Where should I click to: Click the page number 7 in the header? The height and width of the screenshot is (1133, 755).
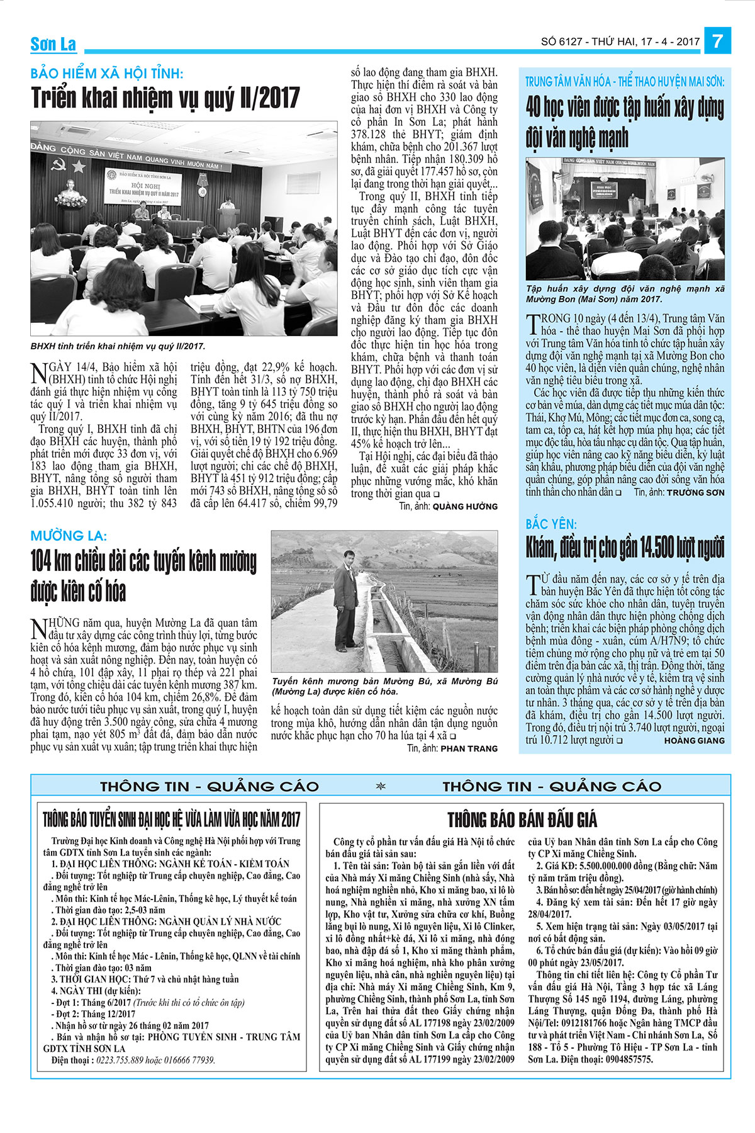718,42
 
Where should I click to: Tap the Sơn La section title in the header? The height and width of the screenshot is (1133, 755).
53,44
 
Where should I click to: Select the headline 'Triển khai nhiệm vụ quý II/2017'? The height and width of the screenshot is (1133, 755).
165,99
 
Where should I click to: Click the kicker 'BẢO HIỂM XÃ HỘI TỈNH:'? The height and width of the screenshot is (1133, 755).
107,74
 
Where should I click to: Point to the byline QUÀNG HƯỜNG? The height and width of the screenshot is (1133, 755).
465,506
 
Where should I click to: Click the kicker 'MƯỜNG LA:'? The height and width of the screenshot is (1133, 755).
69,536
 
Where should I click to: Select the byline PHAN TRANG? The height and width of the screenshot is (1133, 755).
469,748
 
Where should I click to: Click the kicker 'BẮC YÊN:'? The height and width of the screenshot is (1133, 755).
551,524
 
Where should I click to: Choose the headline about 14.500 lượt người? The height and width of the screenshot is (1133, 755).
625,548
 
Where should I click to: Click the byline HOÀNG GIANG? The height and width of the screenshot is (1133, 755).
694,741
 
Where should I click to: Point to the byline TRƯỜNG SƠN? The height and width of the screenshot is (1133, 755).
695,492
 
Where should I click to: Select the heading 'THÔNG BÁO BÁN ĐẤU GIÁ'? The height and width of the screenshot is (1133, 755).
522,820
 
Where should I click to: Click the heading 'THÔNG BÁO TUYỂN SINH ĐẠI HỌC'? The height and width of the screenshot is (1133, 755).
171,820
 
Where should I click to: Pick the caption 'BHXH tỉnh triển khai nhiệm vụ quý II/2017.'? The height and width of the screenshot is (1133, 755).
118,346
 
